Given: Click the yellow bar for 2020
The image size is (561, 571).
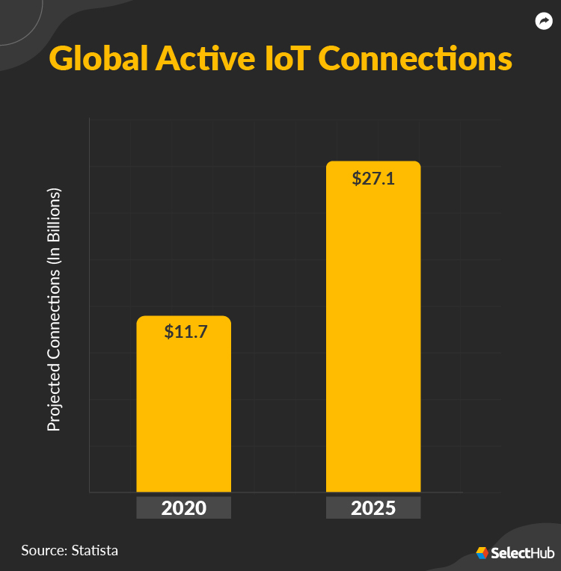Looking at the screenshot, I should pos(183,411).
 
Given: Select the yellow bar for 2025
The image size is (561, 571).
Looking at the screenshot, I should pos(373,336).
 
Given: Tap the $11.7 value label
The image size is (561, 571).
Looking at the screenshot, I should pos(186,331).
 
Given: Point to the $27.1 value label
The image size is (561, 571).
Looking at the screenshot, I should pos(374,179).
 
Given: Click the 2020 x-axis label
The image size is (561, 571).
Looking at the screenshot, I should pos(183,509).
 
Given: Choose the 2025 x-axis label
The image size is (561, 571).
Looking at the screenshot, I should pos(373,509).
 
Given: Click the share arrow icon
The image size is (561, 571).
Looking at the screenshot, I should pos(544,21).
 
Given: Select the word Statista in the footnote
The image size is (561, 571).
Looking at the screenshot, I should pos(94,551).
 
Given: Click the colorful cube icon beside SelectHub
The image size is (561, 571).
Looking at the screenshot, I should pos(482,553).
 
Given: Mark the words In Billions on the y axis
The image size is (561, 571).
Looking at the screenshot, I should pos(54,223).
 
